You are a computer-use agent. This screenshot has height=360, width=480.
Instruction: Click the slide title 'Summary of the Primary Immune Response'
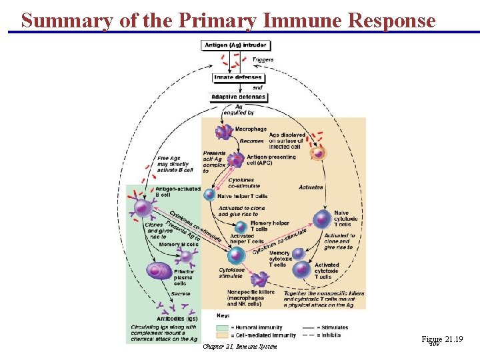point(228,20)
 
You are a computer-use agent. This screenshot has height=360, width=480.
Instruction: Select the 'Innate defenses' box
point(238,77)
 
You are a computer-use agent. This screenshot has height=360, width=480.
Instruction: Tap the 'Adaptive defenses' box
point(238,97)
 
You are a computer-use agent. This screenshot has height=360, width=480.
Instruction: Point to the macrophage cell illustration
point(223,133)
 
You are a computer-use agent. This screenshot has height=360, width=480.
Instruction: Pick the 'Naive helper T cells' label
point(243,196)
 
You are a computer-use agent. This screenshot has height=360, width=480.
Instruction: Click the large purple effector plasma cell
point(159,271)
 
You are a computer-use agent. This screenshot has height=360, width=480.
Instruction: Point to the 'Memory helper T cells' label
point(270,226)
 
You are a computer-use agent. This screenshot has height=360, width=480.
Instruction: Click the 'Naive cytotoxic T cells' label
point(345,219)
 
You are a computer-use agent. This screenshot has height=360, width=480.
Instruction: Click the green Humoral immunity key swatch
point(223,327)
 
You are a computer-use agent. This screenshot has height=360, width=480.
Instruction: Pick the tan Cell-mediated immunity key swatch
point(223,335)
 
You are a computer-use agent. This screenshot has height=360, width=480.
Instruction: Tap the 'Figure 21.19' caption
point(441,340)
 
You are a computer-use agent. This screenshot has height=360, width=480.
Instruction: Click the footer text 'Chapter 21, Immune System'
point(239,347)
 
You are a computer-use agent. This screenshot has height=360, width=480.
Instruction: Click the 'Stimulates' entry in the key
point(333,327)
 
